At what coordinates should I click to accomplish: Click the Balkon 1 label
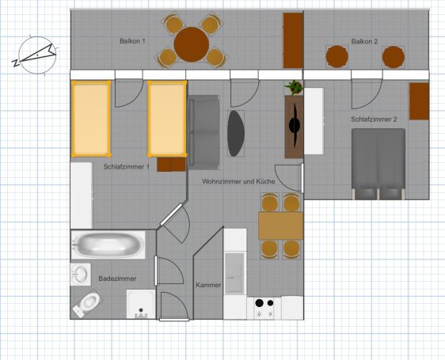(132, 41)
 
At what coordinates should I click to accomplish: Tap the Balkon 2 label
(364, 41)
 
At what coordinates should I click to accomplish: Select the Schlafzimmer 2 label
(374, 119)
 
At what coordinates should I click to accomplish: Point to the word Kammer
(208, 285)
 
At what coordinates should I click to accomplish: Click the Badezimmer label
(117, 279)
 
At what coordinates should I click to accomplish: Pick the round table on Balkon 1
(192, 44)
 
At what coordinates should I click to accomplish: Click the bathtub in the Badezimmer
(108, 244)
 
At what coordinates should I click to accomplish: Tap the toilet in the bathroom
(86, 304)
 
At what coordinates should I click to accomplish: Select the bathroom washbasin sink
(80, 275)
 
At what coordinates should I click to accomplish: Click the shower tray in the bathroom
(141, 304)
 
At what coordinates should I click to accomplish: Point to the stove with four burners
(264, 308)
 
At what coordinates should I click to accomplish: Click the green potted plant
(294, 88)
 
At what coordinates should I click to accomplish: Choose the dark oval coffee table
(236, 134)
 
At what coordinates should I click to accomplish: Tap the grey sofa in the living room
(203, 132)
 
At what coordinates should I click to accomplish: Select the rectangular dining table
(280, 226)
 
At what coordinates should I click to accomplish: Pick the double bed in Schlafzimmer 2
(378, 164)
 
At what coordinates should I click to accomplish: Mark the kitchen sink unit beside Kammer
(234, 273)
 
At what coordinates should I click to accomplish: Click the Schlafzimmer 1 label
(126, 167)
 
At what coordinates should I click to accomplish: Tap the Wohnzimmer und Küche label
(238, 181)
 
